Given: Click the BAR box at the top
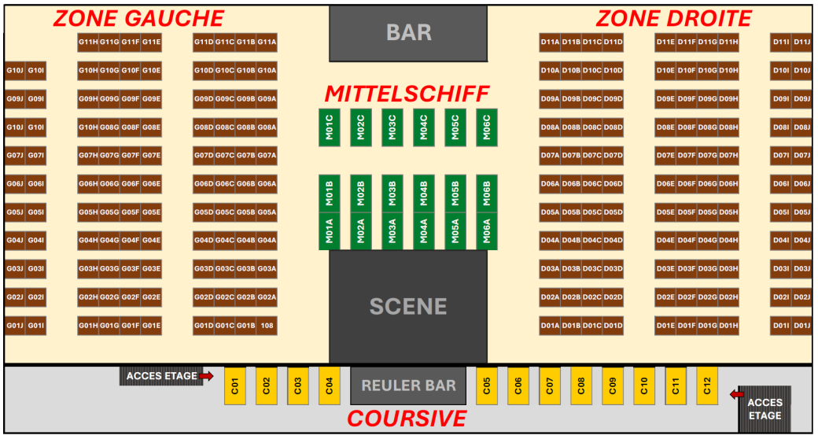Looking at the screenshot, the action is coord(408,33).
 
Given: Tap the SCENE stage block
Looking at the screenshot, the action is coord(408,306).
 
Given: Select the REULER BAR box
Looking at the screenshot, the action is coord(408,386).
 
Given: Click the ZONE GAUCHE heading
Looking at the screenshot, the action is coord(138,19).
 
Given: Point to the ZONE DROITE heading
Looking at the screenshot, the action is coord(673,19).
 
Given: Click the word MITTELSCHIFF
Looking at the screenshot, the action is coord(407,94).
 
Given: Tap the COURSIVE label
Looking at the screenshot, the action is coord(407,419).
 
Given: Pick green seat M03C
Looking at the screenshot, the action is coord(392,127).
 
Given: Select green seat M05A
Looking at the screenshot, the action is coord(455,231).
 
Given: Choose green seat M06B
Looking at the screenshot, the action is coord(487,194).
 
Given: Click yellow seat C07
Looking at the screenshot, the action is coord(550,386).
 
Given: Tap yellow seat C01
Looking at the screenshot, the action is coord(234,386).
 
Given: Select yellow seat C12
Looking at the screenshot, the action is coord(707,386).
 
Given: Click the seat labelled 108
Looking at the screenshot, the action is coord(267,326).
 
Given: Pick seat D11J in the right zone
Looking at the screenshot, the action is coord(801,42).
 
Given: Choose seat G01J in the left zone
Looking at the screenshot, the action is coord(15,326).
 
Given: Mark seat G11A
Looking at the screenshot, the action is coord(267,42).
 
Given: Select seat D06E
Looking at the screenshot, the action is coord(665,184).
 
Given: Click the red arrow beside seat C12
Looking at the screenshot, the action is coord(737,395).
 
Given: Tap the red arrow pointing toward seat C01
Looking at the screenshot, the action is coord(207,376).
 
